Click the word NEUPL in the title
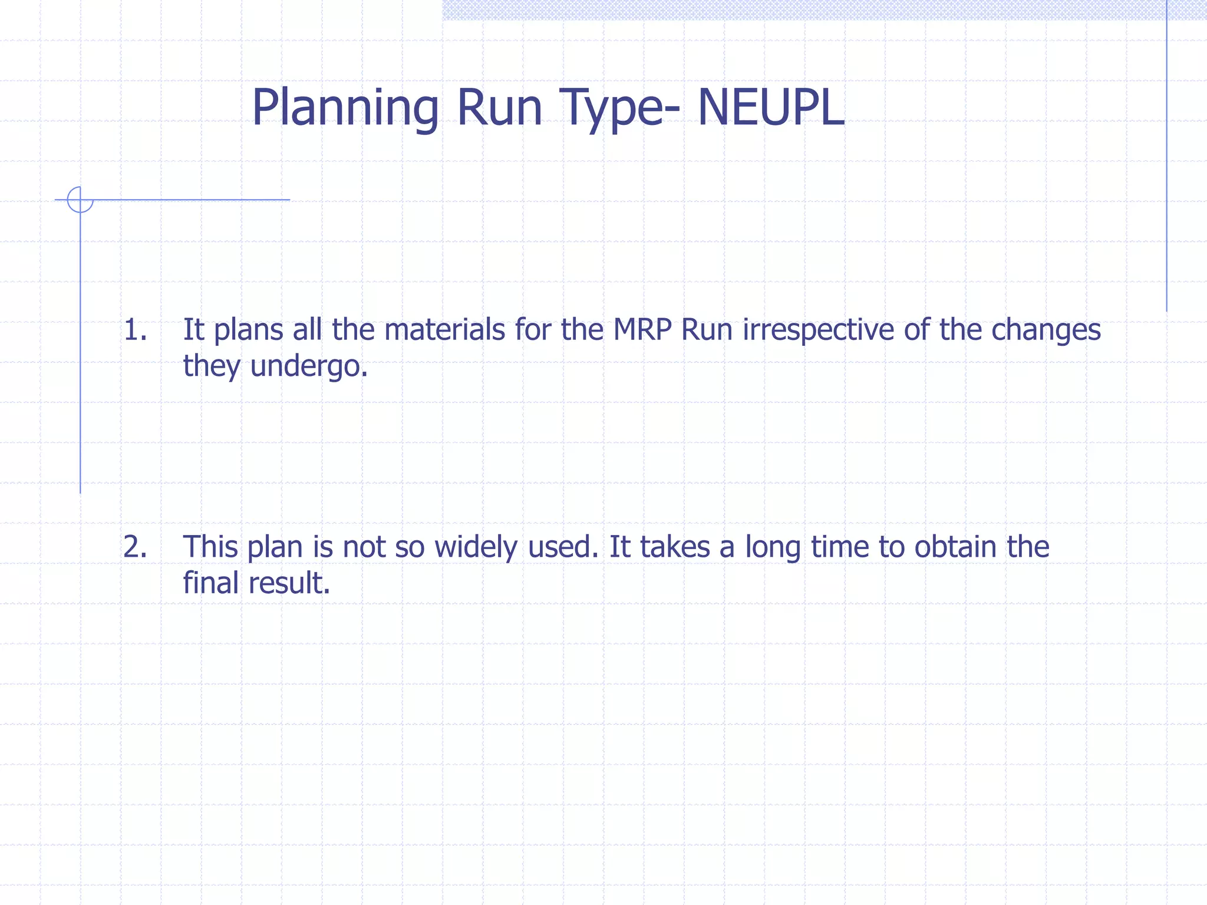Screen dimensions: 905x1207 (770, 108)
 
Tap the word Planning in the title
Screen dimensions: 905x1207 (345, 108)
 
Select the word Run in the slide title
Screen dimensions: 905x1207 (499, 108)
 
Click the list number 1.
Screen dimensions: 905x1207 (135, 330)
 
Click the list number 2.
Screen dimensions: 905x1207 (135, 547)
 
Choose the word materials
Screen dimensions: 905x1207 (444, 329)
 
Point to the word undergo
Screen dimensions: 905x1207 (309, 366)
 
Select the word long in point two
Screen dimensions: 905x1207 (773, 547)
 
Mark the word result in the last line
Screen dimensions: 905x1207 (289, 583)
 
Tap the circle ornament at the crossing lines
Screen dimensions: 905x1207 (80, 200)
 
